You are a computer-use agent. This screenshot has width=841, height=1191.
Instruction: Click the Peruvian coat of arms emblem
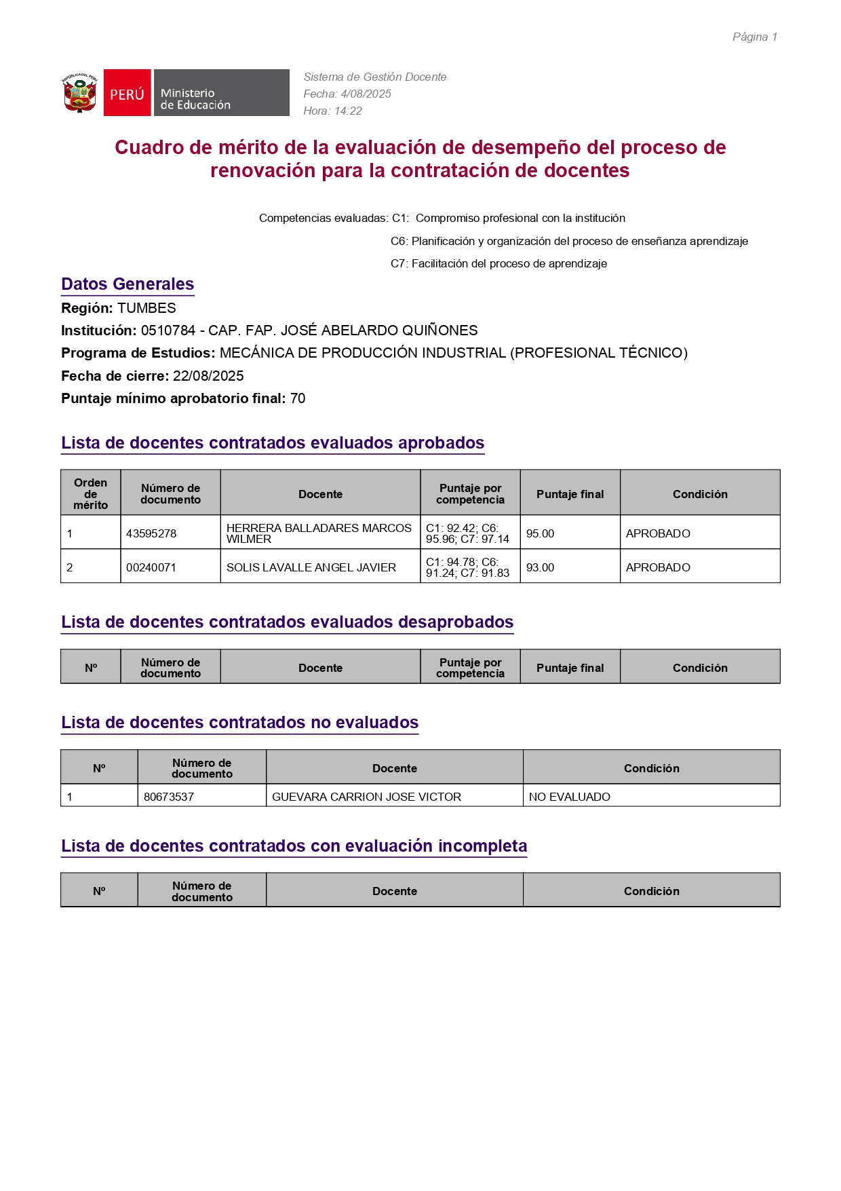coord(80,93)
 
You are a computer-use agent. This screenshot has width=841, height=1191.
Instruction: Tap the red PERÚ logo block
coord(127,93)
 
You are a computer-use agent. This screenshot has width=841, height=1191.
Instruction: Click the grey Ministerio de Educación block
coord(221,93)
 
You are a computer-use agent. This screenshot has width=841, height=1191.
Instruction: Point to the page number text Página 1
coord(754,37)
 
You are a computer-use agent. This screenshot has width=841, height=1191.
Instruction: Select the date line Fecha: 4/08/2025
coord(347,94)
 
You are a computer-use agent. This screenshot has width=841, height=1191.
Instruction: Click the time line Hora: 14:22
coord(332,111)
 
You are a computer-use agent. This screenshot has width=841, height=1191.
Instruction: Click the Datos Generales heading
coord(128,284)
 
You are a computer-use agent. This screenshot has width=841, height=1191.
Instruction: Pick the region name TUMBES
coord(146,308)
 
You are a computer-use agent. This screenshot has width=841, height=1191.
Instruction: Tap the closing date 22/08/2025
coord(208,376)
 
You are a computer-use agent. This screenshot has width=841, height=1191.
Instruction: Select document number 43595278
coord(151,533)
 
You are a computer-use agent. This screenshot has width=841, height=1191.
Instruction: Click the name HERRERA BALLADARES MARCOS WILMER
coord(319,533)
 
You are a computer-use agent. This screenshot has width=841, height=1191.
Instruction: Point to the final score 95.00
coord(540,533)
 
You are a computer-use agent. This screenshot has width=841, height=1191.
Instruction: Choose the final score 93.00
coord(540,567)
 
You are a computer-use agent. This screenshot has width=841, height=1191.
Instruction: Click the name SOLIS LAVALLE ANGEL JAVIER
coord(311,567)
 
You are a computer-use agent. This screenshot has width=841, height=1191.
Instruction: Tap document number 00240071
coord(151,567)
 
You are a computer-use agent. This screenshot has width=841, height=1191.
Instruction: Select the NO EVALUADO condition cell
coord(569,797)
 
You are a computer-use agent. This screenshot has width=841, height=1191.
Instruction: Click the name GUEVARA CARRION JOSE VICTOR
coord(366,797)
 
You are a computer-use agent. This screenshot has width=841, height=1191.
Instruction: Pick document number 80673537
coord(169,797)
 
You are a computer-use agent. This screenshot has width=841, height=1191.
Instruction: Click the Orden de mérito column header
coord(91,493)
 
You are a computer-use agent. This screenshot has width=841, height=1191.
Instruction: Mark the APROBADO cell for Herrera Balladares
coord(658,533)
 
